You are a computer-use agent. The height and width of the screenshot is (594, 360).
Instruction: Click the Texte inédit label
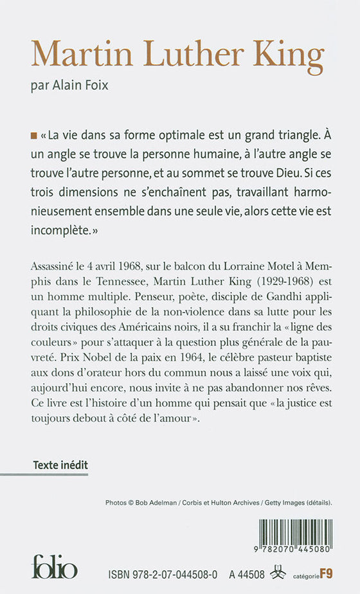[x=60, y=464]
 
